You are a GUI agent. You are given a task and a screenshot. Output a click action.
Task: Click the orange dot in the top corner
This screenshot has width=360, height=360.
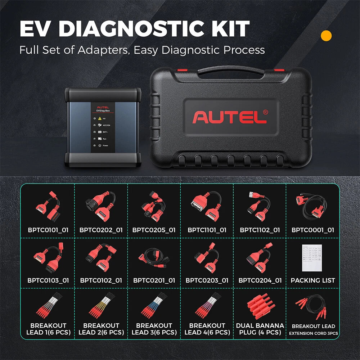tap(326, 36)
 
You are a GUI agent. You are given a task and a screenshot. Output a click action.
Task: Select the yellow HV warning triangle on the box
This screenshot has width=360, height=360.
tap(100, 118)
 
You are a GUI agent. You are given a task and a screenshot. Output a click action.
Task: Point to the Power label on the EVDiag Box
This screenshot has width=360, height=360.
tap(105, 146)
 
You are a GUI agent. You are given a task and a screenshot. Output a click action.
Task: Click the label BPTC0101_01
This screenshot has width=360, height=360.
tap(48, 230)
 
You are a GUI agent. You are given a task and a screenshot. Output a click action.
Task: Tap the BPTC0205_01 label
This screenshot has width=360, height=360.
tap(154, 230)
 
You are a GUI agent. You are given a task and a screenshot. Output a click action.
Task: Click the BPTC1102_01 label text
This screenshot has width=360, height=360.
tap(260, 230)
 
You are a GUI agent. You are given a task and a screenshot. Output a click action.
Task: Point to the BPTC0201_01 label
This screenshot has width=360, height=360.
tap(154, 280)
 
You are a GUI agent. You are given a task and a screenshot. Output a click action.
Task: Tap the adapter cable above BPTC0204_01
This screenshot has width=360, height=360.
tap(260, 258)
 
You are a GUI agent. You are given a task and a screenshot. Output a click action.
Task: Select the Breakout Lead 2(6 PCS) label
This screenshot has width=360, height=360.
tap(101, 329)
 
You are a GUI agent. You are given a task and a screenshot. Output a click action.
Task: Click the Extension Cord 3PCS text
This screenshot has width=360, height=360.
tap(313, 333)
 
